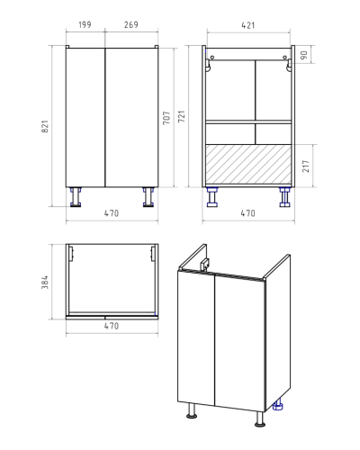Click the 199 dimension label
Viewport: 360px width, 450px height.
85,25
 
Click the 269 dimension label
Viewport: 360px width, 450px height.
131,25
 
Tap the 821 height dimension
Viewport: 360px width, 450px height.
45,127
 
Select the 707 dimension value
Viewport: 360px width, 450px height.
166,118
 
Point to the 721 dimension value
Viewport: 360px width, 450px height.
182,116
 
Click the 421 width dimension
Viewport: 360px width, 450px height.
248,25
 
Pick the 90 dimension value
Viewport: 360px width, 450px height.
304,55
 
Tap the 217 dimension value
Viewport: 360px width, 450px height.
306,166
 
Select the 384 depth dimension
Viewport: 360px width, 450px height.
45,283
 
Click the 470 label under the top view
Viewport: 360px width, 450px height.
112,326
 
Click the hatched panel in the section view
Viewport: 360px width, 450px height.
248,164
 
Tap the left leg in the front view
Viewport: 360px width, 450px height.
76,197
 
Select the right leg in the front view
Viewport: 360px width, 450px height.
148,197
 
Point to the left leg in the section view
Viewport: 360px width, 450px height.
212,197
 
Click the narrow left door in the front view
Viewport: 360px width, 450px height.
85,117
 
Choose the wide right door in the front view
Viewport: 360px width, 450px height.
131,117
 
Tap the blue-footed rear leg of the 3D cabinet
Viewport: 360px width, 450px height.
278,405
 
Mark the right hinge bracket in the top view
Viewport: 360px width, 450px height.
153,253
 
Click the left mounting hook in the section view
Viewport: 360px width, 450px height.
208,65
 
